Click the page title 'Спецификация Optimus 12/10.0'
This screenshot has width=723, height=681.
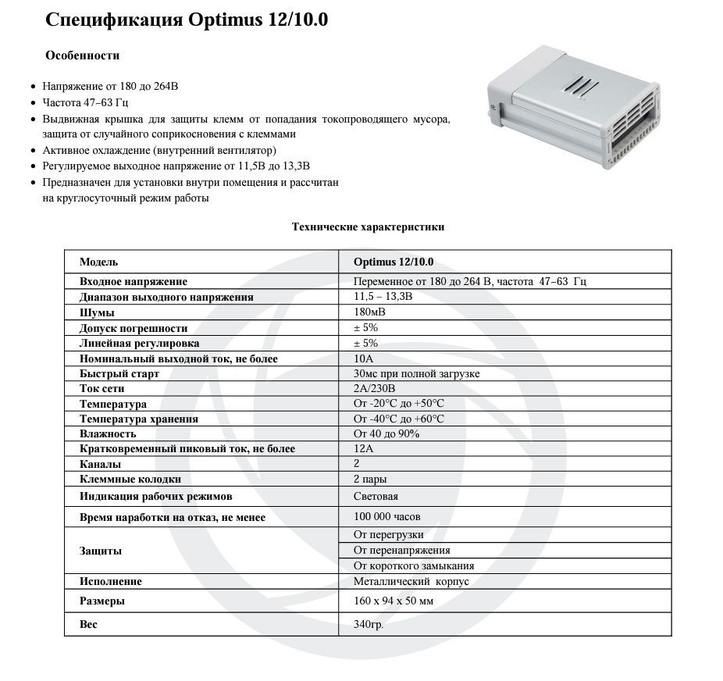187,20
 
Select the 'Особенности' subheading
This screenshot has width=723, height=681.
82,55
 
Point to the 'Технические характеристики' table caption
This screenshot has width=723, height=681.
368,227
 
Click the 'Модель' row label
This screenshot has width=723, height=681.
98,262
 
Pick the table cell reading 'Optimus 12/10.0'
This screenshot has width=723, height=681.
393,262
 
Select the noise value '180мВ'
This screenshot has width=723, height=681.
369,312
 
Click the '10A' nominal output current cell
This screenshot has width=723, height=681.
364,358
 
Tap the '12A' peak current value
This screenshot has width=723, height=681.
364,449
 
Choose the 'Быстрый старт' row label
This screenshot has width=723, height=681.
119,374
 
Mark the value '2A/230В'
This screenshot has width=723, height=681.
375,389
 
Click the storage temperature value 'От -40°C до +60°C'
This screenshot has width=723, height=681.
398,419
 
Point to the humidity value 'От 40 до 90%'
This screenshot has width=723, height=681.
386,434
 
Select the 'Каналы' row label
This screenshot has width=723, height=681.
100,465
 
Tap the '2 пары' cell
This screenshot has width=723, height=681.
370,480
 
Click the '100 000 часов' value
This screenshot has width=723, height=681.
386,517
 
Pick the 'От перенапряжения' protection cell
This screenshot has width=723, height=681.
401,551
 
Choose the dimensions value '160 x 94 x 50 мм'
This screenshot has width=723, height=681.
393,601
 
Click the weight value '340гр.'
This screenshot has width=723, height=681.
369,625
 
